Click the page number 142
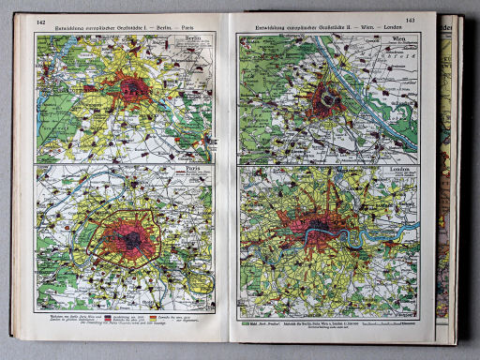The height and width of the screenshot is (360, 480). (41, 22)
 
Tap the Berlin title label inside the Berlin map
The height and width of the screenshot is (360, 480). (197, 42)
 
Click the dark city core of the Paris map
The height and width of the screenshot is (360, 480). (133, 240)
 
